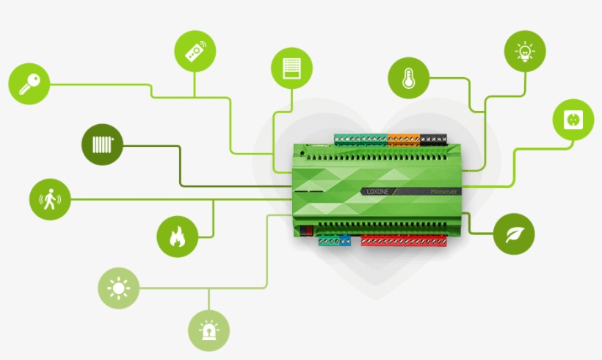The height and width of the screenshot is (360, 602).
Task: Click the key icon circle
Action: point(29,84)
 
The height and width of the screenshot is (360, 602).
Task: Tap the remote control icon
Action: point(195,51)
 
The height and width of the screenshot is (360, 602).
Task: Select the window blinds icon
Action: point(291,68)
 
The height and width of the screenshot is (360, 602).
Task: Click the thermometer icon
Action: point(409,77)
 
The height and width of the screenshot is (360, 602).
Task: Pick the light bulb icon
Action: point(525,51)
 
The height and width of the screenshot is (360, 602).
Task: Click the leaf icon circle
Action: point(514,234)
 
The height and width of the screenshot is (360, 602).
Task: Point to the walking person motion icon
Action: point(50,199)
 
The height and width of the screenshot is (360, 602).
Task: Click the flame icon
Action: point(177,237)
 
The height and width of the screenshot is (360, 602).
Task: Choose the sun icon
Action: point(119,288)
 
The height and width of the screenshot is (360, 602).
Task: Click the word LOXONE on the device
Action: point(380,191)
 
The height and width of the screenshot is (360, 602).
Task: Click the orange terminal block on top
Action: point(402,139)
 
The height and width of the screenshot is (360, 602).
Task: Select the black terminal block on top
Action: point(433,139)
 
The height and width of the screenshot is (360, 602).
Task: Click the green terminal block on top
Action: point(360,139)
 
